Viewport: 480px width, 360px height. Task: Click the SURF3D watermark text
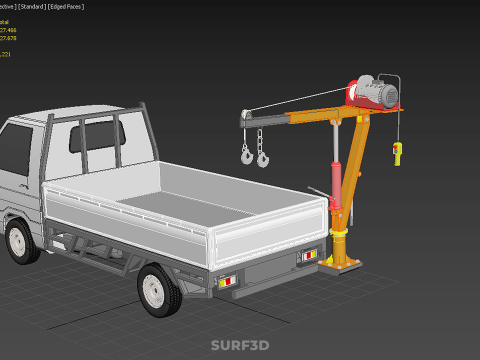240,345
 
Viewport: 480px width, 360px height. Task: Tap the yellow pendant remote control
398,152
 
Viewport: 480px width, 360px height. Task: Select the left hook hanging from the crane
245,154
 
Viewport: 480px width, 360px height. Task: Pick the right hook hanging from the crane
263,157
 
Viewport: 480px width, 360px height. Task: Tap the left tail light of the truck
227,279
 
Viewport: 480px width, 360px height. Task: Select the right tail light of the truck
309,256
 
